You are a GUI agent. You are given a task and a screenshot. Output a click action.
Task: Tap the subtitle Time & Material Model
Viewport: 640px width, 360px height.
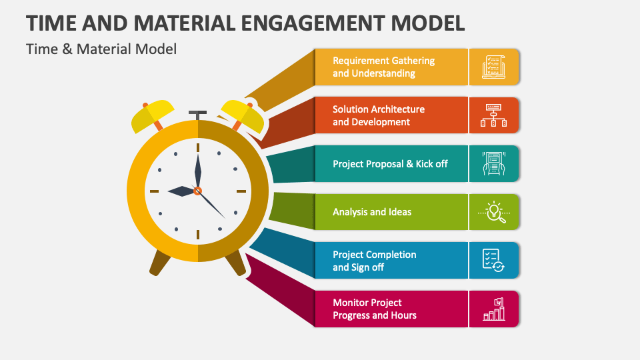point(101,49)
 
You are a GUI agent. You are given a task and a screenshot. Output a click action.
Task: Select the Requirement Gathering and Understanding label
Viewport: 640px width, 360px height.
point(383,67)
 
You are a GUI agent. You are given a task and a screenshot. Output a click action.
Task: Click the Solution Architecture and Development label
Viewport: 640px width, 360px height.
point(379,115)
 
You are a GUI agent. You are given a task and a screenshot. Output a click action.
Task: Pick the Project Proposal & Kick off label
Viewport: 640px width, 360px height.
point(390,163)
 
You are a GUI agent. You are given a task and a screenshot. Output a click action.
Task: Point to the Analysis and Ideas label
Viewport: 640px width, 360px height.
point(372,212)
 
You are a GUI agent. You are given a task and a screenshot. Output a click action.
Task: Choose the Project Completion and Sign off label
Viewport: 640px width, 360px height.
point(375,261)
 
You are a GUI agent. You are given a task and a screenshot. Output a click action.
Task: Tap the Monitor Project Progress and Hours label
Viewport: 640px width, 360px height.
point(375,309)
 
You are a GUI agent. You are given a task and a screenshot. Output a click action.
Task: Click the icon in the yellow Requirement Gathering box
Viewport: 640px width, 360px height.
point(493,67)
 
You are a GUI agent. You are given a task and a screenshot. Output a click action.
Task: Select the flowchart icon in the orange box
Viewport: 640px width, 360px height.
point(493,115)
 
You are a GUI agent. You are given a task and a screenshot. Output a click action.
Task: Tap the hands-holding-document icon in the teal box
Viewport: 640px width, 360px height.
point(493,163)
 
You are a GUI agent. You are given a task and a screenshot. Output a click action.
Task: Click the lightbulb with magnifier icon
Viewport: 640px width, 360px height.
point(493,212)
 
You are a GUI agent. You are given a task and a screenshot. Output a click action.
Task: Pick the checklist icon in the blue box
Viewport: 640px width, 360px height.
point(493,260)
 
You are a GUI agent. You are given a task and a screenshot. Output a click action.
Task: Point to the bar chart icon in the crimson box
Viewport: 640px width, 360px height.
point(493,309)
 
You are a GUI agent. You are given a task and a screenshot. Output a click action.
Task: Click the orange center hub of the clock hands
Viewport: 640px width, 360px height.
point(197,191)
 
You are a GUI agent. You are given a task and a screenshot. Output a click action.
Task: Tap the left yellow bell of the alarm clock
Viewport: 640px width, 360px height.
point(153,115)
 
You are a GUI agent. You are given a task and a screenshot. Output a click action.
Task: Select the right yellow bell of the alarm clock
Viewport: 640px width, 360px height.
point(243,115)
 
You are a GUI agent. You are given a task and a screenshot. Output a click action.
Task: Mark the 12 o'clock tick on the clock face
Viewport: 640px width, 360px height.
point(197,147)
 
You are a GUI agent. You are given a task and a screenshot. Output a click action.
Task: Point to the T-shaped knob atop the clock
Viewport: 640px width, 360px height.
point(197,114)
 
